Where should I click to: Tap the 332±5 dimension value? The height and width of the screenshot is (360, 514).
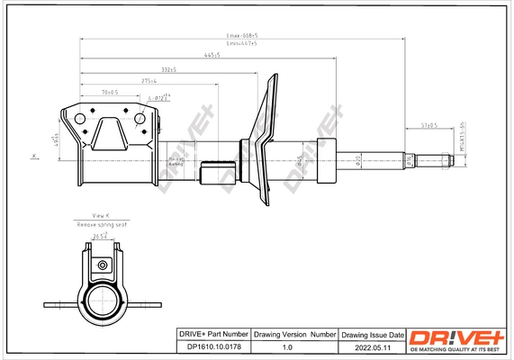click(167, 69)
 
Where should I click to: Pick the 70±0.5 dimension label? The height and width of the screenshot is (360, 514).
click(111, 92)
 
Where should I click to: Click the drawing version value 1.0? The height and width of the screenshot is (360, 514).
click(288, 346)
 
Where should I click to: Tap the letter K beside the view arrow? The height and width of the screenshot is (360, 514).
click(34, 156)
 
